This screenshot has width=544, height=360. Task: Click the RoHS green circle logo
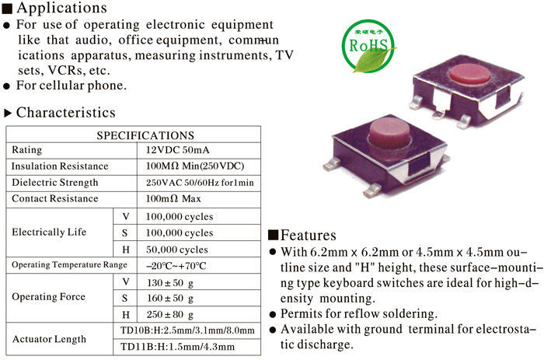pyautogui.click(x=368, y=46)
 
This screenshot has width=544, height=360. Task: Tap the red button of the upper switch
pyautogui.click(x=469, y=74)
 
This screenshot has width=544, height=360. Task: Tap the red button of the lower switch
pyautogui.click(x=389, y=132)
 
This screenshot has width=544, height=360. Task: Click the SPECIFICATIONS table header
pyautogui.click(x=145, y=135)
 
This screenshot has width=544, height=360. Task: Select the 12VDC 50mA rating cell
pyautogui.click(x=177, y=150)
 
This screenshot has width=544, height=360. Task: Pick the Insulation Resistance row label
pyautogui.click(x=60, y=166)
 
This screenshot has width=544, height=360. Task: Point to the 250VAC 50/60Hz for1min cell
pyautogui.click(x=200, y=183)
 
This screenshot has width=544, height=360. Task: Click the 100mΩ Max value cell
pyautogui.click(x=173, y=198)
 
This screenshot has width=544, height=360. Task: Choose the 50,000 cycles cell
pyautogui.click(x=177, y=250)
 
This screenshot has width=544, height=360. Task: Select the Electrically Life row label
pyautogui.click(x=49, y=232)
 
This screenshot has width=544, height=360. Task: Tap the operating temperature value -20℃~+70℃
pyautogui.click(x=176, y=266)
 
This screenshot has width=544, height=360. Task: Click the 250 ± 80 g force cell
pyautogui.click(x=170, y=315)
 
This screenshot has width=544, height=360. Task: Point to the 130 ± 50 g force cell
pyautogui.click(x=170, y=282)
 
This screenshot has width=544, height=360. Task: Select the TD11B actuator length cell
pyautogui.click(x=177, y=347)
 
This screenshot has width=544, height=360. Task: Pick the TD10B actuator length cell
pyautogui.click(x=187, y=330)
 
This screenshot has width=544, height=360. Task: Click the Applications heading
pyautogui.click(x=61, y=8)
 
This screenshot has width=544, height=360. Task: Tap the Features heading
pyautogui.click(x=308, y=235)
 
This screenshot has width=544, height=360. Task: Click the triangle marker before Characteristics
pyautogui.click(x=8, y=113)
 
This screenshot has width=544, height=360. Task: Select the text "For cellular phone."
pyautogui.click(x=71, y=86)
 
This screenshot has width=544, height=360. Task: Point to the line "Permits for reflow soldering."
pyautogui.click(x=359, y=313)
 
